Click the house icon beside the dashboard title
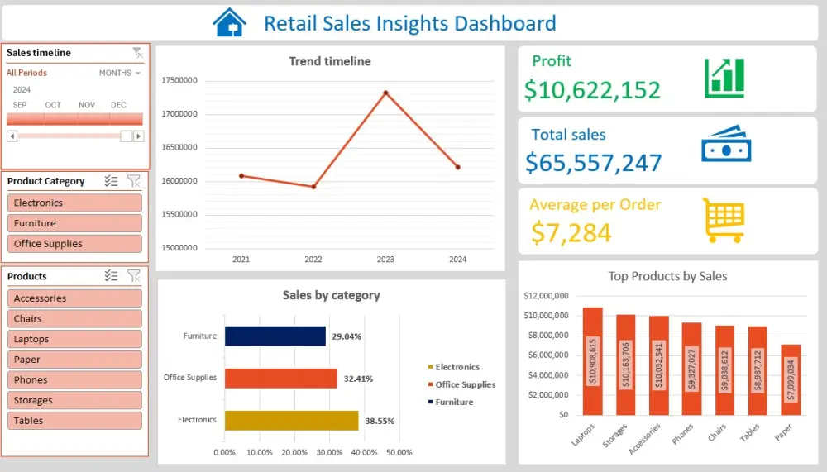click(x=229, y=22)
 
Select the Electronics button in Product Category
click(x=74, y=203)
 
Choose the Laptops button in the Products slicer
click(x=74, y=339)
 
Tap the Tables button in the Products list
click(x=74, y=421)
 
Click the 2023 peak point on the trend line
click(x=385, y=93)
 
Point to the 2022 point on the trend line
click(x=313, y=187)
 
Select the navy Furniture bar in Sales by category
click(x=275, y=336)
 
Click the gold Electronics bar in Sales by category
click(x=291, y=421)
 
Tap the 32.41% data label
click(x=358, y=379)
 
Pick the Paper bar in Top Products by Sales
click(x=791, y=379)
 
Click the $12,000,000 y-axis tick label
click(x=545, y=295)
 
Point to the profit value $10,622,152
click(x=592, y=89)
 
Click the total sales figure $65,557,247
click(x=593, y=162)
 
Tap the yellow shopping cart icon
click(x=724, y=220)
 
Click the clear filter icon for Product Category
click(x=134, y=181)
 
